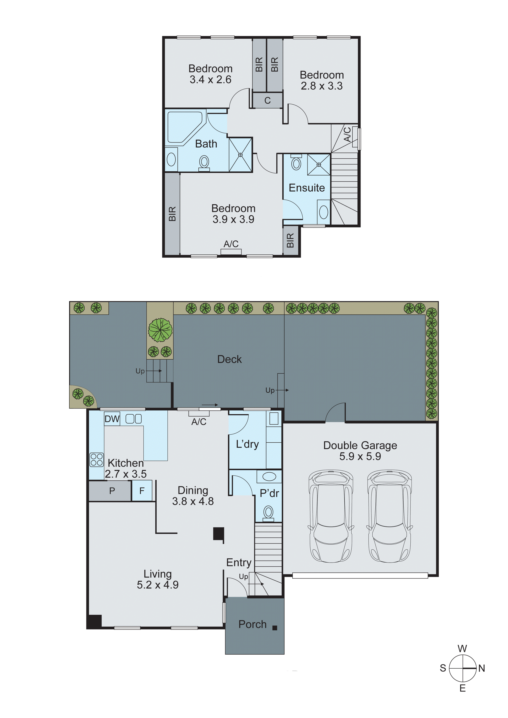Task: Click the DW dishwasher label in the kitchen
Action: click(x=112, y=419)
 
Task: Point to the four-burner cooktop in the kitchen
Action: click(x=96, y=460)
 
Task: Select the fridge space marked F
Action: click(x=142, y=491)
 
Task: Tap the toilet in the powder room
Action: click(x=268, y=513)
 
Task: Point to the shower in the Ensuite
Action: click(x=319, y=164)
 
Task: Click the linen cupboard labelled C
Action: click(x=267, y=100)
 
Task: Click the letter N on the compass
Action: click(x=481, y=668)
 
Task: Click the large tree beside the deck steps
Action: click(x=160, y=330)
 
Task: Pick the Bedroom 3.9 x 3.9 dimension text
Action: click(x=233, y=219)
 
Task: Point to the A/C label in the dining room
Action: click(x=199, y=422)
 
